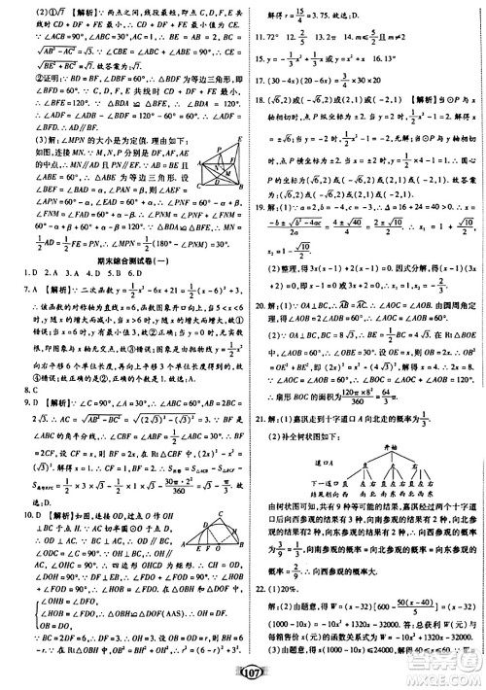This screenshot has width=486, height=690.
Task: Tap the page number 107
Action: click(243, 676)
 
